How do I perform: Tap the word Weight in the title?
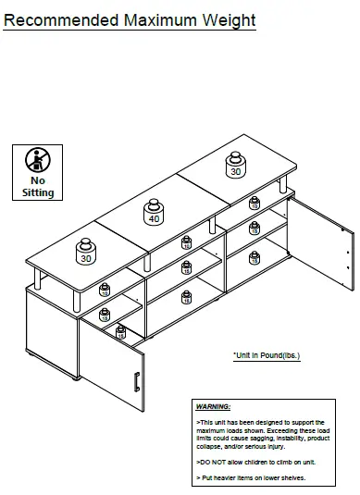[x=230, y=19]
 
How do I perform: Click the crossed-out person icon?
[x=38, y=158]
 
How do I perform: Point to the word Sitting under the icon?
[x=38, y=192]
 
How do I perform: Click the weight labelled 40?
[x=154, y=213]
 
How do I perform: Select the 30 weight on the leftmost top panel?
[x=86, y=252]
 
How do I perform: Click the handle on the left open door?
[x=135, y=382]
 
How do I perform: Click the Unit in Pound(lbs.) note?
[x=267, y=354]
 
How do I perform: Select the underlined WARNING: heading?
[x=214, y=407]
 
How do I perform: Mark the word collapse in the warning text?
[x=208, y=445]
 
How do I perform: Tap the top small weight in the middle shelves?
[x=187, y=242]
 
